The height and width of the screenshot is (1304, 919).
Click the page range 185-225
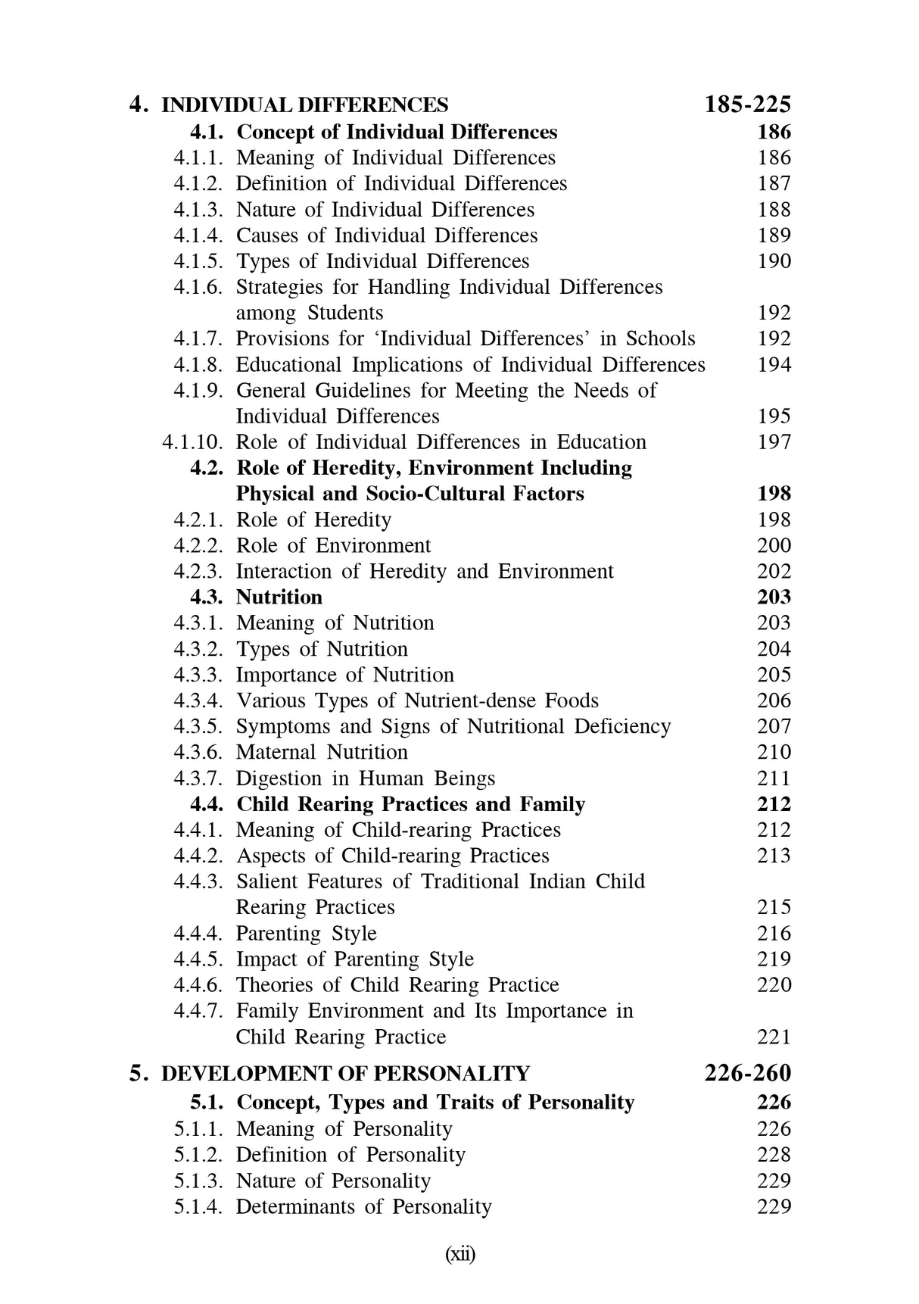[x=747, y=104]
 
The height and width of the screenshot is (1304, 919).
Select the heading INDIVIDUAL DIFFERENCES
[x=305, y=105]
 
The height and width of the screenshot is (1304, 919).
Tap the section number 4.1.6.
[x=198, y=287]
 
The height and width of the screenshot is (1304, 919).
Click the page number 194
[x=774, y=364]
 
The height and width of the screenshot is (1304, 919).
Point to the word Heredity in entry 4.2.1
[x=353, y=519]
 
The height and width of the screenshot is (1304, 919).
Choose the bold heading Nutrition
[x=279, y=597]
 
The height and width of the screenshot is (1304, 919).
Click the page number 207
[x=774, y=726]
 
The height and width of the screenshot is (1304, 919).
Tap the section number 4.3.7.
[x=198, y=778]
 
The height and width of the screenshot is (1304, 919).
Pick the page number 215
[x=774, y=907]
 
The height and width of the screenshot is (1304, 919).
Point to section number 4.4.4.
[x=198, y=933]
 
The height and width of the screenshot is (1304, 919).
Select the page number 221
[x=774, y=1037]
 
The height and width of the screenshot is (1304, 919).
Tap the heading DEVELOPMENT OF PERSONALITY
[x=346, y=1074]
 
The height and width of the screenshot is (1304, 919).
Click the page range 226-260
[x=747, y=1073]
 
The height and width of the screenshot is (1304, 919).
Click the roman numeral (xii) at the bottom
[x=459, y=1255]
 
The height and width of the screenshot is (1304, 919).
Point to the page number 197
[x=774, y=441]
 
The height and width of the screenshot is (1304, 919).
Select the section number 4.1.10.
[x=192, y=441]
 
